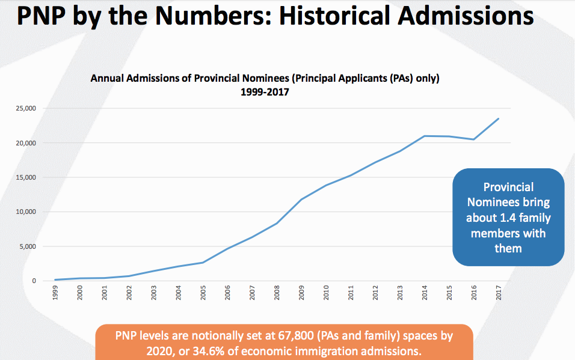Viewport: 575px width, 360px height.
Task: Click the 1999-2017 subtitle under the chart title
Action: pyautogui.click(x=265, y=93)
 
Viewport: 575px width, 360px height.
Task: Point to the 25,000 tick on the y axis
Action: pyautogui.click(x=26, y=109)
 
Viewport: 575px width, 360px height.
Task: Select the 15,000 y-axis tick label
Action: pyautogui.click(x=26, y=178)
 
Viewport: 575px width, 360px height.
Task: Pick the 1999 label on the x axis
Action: pyautogui.click(x=56, y=293)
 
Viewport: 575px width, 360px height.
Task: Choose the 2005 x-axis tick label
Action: pyautogui.click(x=204, y=293)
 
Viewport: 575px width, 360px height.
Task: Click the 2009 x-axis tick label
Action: pyautogui.click(x=302, y=293)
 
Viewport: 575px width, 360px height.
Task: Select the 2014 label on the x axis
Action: pyautogui.click(x=425, y=293)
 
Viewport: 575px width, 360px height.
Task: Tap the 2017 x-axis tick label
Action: pyautogui.click(x=499, y=293)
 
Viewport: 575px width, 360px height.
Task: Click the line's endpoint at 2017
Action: pyautogui.click(x=499, y=119)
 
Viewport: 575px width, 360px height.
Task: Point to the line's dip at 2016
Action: pyautogui.click(x=474, y=139)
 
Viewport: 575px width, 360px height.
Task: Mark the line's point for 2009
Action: pyautogui.click(x=302, y=199)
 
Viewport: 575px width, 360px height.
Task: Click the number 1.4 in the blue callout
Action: pyautogui.click(x=513, y=218)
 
